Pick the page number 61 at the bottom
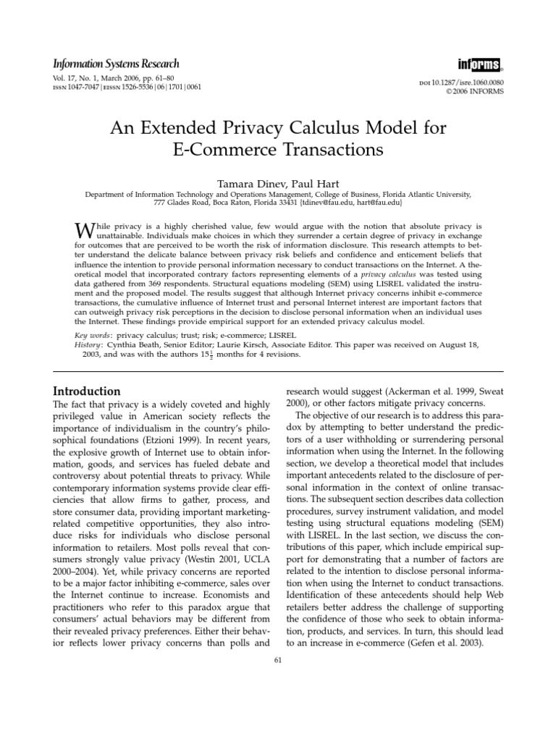click(x=278, y=659)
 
